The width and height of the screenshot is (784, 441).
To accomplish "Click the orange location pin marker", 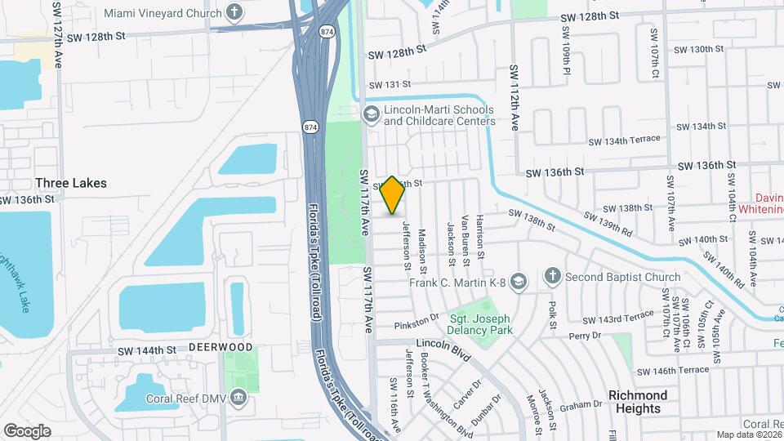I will [393, 195].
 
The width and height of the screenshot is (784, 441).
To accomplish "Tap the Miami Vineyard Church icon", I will [235, 12].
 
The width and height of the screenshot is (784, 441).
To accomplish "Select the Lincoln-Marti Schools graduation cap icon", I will [371, 114].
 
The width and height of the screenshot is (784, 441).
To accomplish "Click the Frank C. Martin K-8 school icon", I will [517, 283].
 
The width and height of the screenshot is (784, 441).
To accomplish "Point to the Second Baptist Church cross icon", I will [553, 276].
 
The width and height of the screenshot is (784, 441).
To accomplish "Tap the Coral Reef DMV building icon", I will [238, 399].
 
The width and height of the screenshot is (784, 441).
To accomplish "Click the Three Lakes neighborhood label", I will [71, 183].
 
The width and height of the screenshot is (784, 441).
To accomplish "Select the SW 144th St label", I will [147, 350].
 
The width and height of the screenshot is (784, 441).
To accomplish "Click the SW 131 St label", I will [387, 85].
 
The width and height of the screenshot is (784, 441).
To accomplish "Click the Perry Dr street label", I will [586, 336].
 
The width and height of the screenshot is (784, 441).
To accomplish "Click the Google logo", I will [27, 430].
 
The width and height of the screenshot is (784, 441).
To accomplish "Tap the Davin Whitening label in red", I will [760, 203].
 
